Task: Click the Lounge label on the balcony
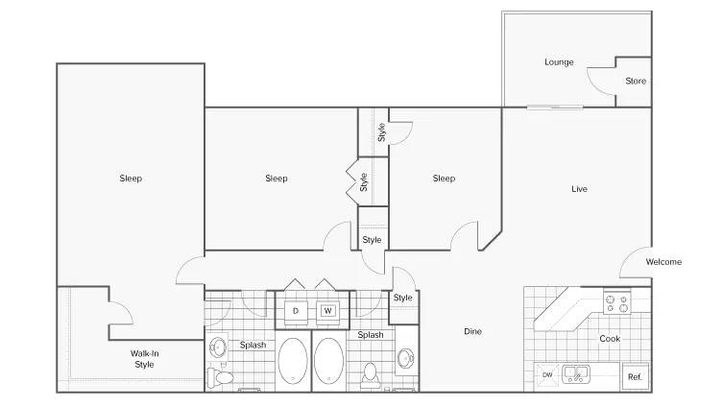tap(559, 61)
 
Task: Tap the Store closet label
tap(636, 81)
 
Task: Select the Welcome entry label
tap(663, 262)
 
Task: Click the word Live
tap(579, 188)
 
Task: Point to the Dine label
tap(472, 331)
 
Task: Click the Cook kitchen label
tap(610, 338)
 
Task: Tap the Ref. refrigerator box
tap(635, 376)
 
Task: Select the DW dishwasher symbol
tap(547, 374)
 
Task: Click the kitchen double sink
tap(575, 373)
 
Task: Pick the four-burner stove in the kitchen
tap(617, 302)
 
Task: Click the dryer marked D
tap(296, 311)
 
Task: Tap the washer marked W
tap(327, 311)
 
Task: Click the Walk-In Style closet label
tap(144, 359)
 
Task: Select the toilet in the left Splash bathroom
tap(221, 377)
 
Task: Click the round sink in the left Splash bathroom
tap(218, 347)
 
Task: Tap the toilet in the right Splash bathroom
tap(371, 373)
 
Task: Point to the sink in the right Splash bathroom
tap(406, 358)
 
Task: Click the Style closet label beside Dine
tap(402, 298)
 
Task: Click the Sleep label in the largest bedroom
tap(131, 178)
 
